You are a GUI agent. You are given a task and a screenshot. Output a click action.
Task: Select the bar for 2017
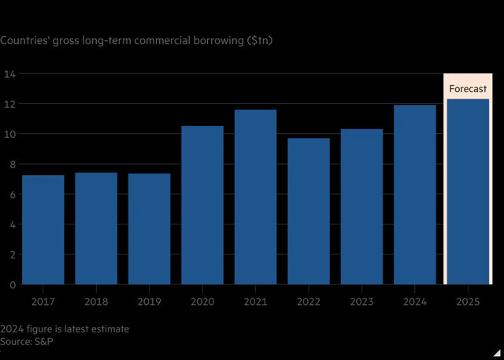[43, 229]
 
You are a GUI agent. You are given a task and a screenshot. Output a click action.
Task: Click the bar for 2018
[96, 228]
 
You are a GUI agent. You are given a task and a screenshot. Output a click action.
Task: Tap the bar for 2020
[202, 205]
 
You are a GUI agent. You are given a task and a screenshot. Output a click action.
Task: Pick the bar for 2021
[255, 197]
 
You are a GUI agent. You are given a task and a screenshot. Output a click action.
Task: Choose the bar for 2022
[309, 211]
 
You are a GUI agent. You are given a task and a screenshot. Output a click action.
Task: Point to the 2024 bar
[415, 195]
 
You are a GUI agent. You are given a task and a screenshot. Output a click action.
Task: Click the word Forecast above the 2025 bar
[468, 89]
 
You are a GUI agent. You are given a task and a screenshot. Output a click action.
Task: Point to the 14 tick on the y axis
[11, 74]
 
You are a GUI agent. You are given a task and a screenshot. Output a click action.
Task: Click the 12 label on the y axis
[11, 104]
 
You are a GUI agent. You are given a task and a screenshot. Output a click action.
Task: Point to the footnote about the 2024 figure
[66, 328]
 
